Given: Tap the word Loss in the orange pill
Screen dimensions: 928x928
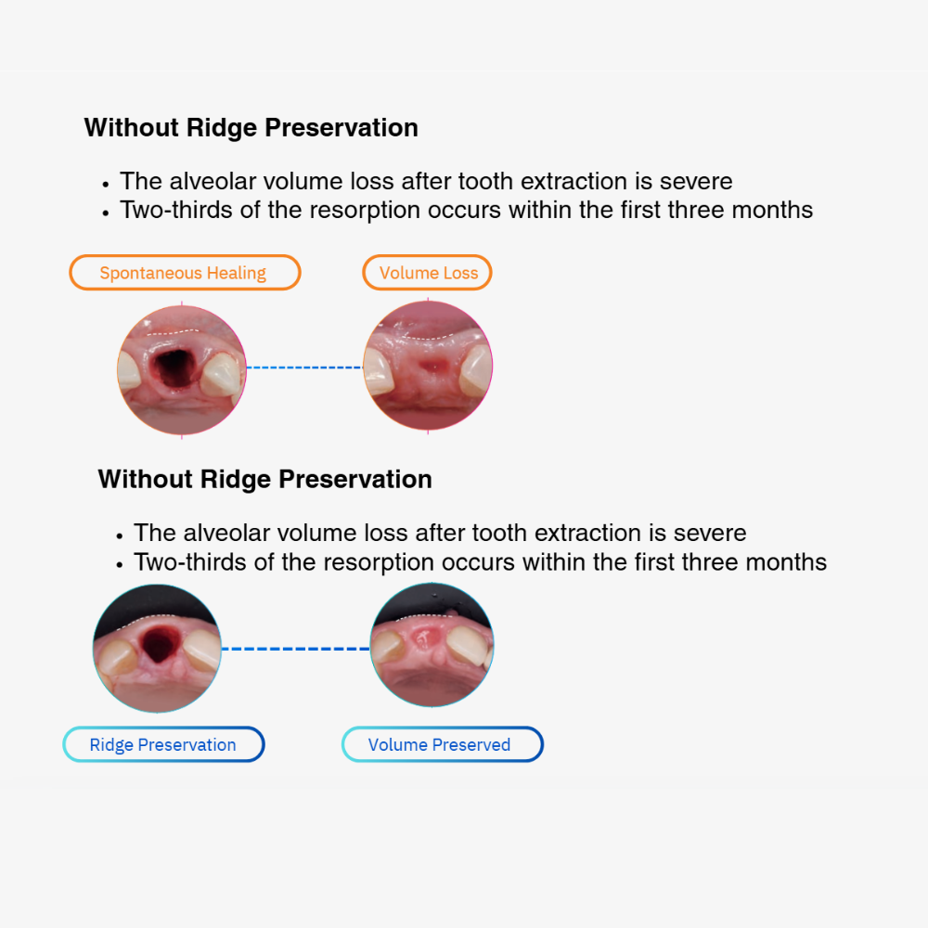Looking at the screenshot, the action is click(x=461, y=273).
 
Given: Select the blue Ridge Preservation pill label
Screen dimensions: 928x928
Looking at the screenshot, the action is click(x=163, y=744).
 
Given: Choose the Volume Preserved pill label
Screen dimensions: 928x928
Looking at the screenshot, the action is click(x=442, y=744).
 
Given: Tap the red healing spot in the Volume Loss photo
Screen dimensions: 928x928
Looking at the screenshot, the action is click(x=432, y=366).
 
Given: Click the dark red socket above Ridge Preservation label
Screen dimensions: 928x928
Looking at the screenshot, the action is click(x=157, y=644).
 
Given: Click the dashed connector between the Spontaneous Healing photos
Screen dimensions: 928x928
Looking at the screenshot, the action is click(x=304, y=367).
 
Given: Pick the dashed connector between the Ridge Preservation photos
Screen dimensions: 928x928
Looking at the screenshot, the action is click(x=295, y=649).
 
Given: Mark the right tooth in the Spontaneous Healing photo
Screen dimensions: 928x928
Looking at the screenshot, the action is click(x=222, y=374).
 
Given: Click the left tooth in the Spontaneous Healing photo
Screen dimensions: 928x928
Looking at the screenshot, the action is click(x=129, y=370).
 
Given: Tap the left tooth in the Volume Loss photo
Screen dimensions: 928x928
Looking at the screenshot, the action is click(x=379, y=370).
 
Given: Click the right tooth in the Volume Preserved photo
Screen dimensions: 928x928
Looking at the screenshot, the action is click(x=468, y=644).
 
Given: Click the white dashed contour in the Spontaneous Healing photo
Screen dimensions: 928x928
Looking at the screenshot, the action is click(x=173, y=331).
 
